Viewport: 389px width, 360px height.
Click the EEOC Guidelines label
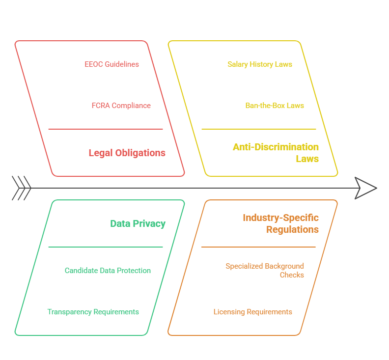tap(111, 64)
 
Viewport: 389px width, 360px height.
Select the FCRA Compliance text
tap(121, 106)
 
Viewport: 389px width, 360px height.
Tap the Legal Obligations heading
tap(127, 153)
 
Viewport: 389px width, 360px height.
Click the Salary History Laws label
tap(259, 64)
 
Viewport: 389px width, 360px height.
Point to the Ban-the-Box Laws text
tap(275, 106)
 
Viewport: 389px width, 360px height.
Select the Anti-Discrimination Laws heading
tap(276, 153)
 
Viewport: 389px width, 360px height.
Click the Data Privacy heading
tap(138, 223)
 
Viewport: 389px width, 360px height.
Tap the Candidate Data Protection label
tap(108, 271)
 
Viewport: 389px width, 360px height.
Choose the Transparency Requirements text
tap(93, 312)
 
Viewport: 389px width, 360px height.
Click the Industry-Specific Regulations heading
tap(280, 223)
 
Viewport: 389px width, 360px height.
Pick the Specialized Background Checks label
tap(265, 271)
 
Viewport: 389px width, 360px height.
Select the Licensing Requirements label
tap(252, 312)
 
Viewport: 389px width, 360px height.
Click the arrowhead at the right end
tap(365, 188)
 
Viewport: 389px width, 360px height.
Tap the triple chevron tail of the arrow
tap(21, 188)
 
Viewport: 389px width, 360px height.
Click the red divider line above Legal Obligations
tap(105, 129)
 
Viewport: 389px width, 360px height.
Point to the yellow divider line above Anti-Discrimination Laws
tap(258, 129)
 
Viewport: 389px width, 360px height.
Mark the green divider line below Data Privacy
tap(105, 247)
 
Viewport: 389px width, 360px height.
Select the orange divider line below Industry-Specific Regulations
tap(258, 247)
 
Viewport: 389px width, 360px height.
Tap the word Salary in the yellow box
tap(238, 64)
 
